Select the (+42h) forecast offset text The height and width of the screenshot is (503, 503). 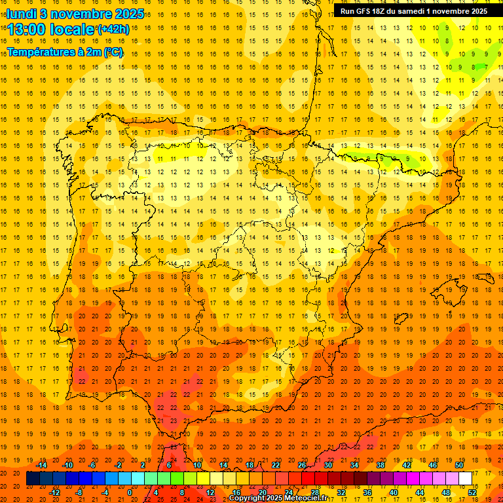point(113,29)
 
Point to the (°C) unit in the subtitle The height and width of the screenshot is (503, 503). point(112,52)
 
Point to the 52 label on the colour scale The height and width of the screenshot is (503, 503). point(472,493)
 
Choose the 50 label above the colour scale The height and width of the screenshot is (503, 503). point(459,465)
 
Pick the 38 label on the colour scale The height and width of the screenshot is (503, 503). point(380,465)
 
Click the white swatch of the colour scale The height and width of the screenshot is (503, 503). point(466,479)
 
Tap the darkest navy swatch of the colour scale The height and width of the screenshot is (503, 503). point(33,479)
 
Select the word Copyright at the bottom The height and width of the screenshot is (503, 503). point(247,498)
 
